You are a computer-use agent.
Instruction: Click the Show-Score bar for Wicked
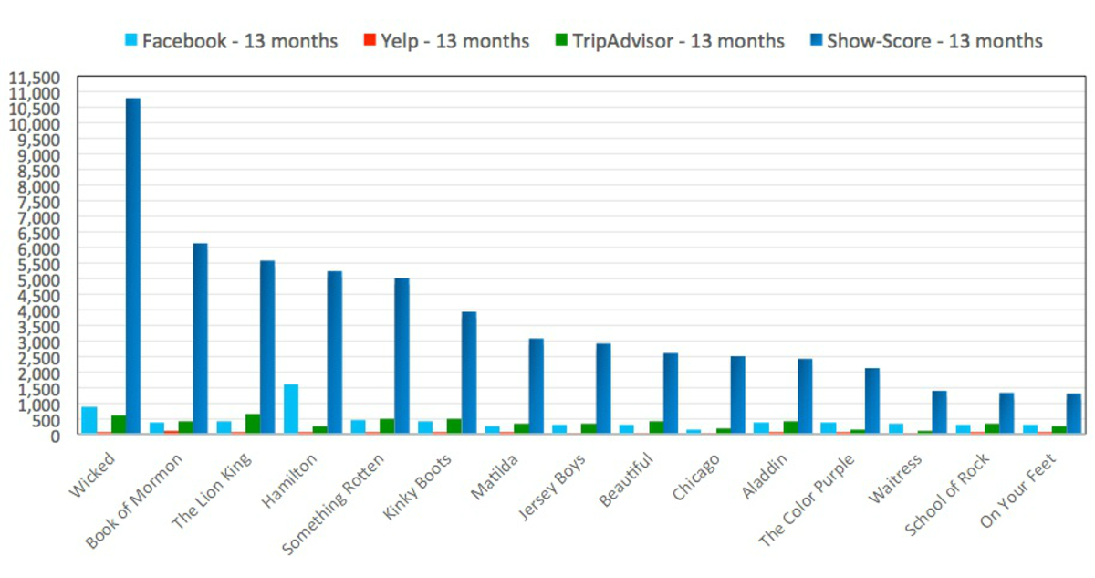[133, 266]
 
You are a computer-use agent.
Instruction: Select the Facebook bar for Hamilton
[291, 409]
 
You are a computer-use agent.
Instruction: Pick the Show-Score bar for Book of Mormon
[200, 339]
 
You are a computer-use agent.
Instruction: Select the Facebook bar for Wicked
[89, 420]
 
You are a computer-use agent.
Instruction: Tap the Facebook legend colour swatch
[131, 41]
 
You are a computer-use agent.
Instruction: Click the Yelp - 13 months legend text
[454, 41]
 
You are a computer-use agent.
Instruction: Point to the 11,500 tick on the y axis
[35, 78]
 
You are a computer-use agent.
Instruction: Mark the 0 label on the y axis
[57, 436]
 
